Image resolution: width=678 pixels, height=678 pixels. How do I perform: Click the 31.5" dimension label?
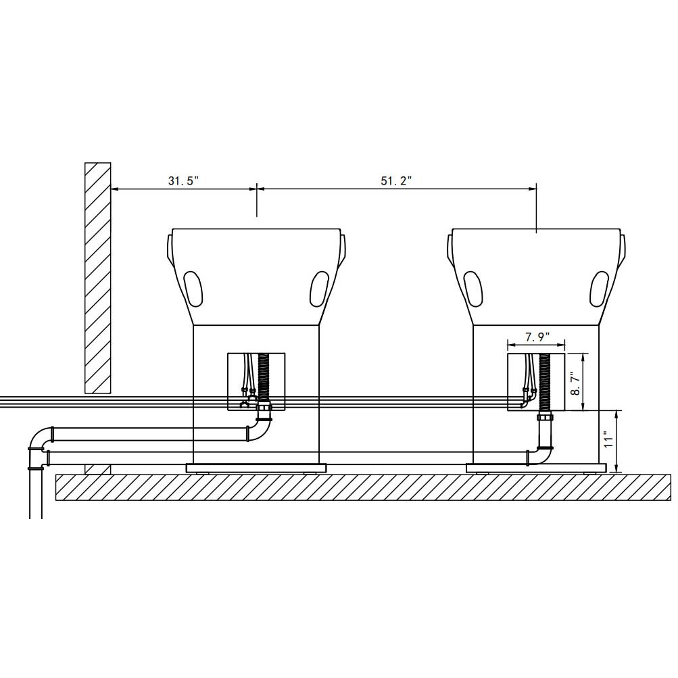pyautogui.click(x=183, y=180)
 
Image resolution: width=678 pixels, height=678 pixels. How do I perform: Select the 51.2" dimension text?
pyautogui.click(x=396, y=180)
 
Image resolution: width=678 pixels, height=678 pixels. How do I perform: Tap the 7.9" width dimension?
pyautogui.click(x=537, y=337)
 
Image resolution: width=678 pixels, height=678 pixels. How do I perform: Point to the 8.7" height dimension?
pyautogui.click(x=575, y=383)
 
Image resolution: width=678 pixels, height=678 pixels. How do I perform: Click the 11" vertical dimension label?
pyautogui.click(x=609, y=439)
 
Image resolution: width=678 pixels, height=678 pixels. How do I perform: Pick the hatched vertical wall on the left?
pyautogui.click(x=98, y=278)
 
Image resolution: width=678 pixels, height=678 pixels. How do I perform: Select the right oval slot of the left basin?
pyautogui.click(x=319, y=289)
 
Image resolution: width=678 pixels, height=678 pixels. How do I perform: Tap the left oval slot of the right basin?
pyautogui.click(x=473, y=289)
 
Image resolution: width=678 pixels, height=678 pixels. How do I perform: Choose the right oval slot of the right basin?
pyautogui.click(x=600, y=289)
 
